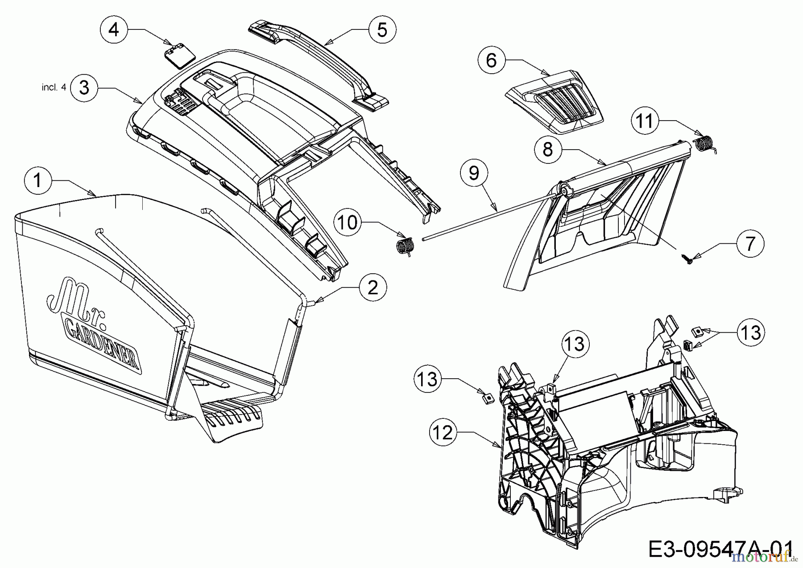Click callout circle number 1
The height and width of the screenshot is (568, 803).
coord(37,180)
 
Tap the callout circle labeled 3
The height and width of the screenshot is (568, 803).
coord(84,88)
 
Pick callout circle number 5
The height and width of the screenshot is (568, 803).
coord(382,29)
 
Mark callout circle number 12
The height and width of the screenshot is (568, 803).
coord(443,433)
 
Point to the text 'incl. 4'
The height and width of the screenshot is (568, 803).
coord(54,88)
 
